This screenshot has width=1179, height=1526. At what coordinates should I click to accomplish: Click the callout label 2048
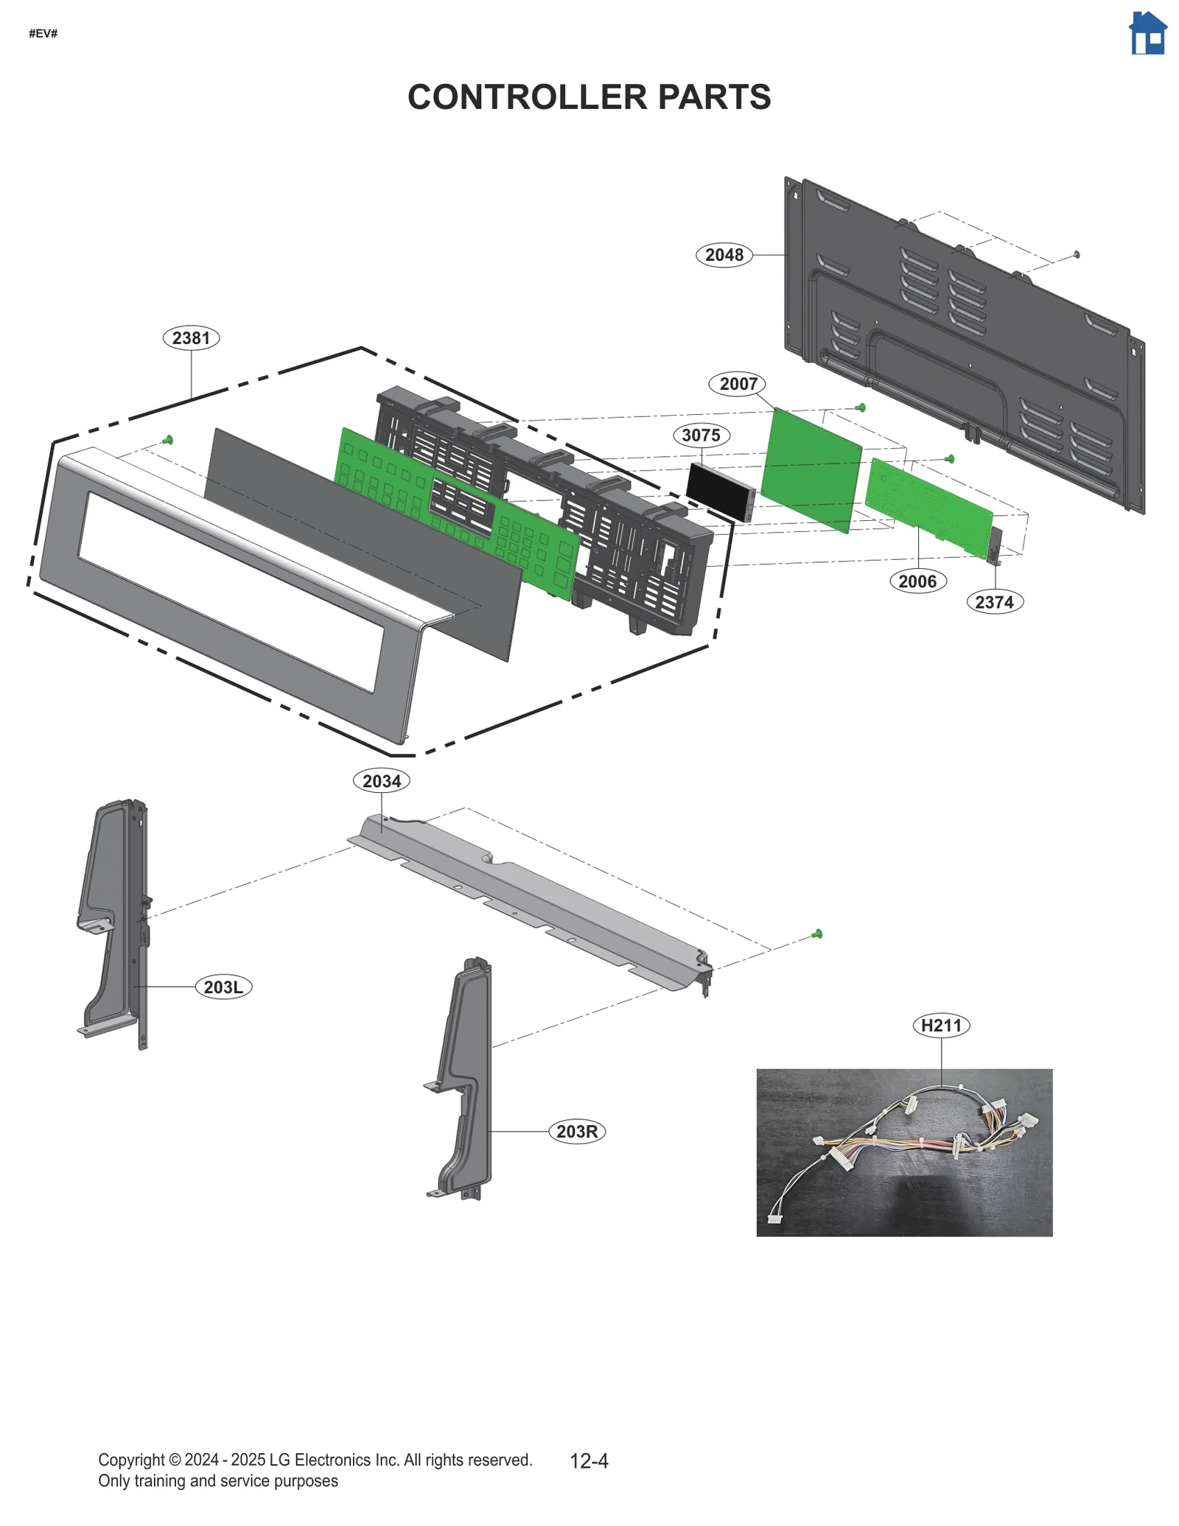tap(724, 255)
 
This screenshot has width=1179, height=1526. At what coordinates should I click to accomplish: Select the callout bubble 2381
tap(191, 338)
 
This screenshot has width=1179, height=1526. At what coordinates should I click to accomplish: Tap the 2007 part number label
tap(738, 384)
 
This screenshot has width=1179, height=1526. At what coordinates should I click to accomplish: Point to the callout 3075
tap(701, 435)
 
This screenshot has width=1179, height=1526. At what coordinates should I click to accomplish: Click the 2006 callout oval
tap(917, 581)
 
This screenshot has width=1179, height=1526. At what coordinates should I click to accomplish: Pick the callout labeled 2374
tap(994, 602)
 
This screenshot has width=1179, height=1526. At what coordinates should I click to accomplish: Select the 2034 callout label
tap(382, 781)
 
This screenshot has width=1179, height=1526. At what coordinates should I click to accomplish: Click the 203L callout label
tap(223, 987)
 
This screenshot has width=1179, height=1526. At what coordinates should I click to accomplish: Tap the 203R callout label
tap(577, 1131)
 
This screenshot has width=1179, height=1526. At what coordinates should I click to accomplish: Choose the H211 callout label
tap(941, 1025)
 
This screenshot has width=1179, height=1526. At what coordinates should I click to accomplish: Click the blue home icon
tap(1147, 34)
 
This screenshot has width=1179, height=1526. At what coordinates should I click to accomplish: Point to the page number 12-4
tap(589, 1460)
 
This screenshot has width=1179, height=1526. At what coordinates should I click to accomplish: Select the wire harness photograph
tap(904, 1152)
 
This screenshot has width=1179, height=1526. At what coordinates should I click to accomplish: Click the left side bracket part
tap(114, 921)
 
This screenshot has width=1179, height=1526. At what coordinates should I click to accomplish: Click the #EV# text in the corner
tap(43, 34)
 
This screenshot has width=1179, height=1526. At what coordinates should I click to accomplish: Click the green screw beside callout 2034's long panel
tap(816, 934)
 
